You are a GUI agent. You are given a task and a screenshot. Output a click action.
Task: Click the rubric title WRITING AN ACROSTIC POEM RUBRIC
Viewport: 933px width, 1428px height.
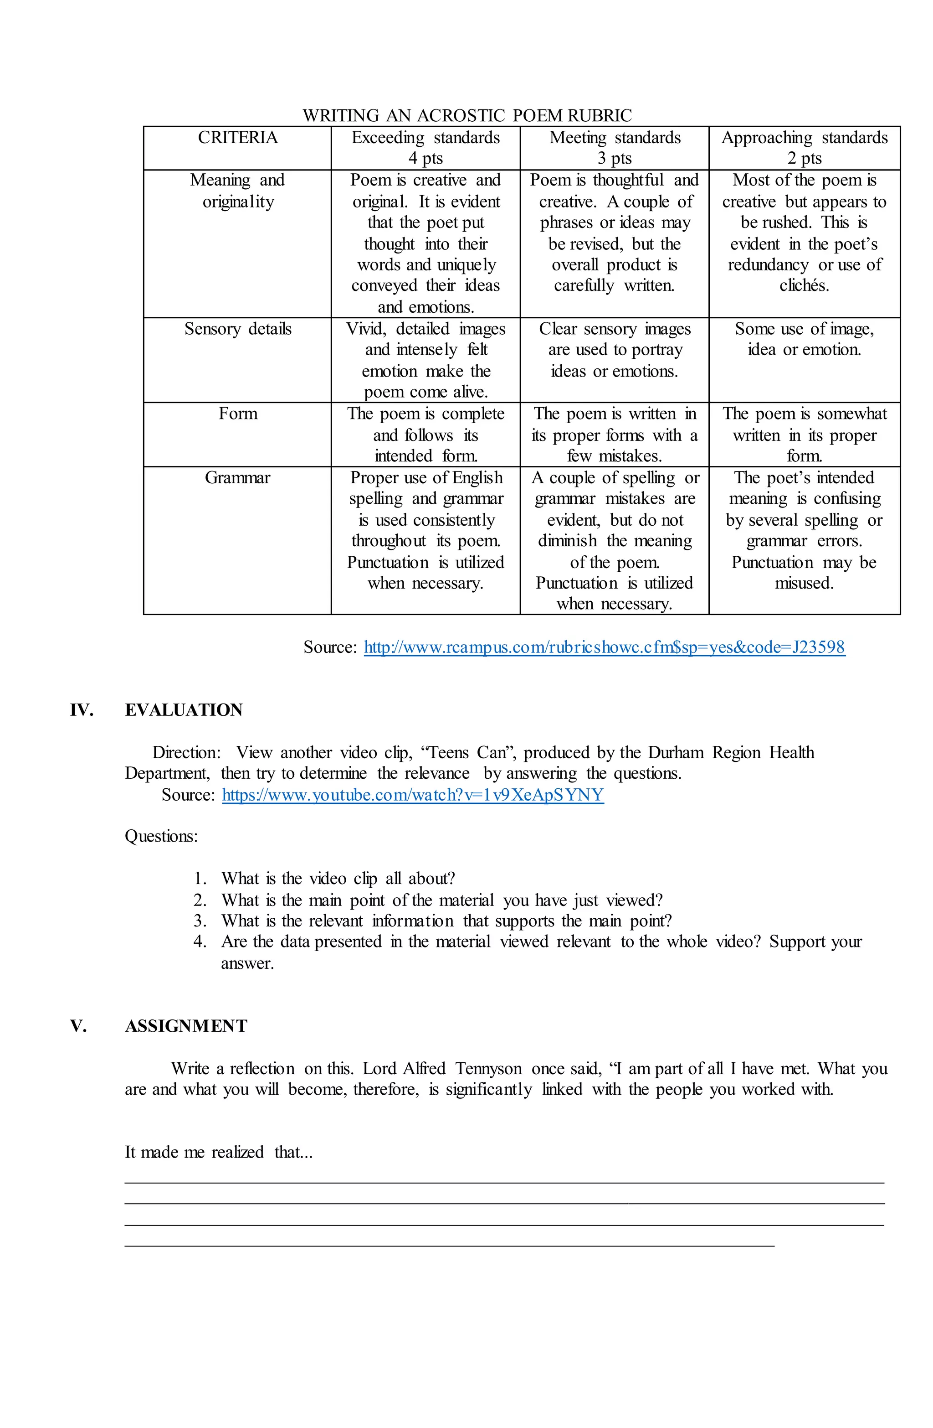(x=466, y=115)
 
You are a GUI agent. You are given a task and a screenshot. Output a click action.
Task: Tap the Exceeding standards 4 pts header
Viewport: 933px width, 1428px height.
(x=425, y=148)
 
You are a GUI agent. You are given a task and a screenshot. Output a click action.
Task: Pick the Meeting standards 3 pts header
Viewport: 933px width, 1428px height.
(x=615, y=148)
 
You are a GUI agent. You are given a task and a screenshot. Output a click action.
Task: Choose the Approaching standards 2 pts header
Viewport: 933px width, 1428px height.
(x=804, y=148)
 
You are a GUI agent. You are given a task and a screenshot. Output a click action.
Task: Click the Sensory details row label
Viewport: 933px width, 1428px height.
(x=237, y=329)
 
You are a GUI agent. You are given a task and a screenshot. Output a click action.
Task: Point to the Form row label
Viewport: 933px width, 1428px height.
(x=237, y=414)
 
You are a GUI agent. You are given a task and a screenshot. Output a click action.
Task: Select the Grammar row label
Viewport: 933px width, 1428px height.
(x=237, y=478)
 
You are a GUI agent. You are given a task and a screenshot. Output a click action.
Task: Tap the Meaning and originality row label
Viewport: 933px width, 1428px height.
(x=237, y=191)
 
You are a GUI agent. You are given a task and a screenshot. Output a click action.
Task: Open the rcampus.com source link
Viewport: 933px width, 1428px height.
(x=605, y=647)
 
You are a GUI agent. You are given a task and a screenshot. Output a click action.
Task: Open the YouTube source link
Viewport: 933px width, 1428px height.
(x=413, y=795)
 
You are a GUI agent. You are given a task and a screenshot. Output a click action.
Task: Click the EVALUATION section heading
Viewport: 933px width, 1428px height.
(x=184, y=710)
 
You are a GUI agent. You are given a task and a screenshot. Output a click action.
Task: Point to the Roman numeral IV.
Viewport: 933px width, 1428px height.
(x=82, y=710)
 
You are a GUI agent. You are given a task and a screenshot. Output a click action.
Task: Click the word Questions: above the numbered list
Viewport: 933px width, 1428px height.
(x=161, y=836)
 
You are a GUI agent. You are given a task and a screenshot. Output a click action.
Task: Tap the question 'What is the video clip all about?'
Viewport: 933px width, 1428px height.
(x=338, y=879)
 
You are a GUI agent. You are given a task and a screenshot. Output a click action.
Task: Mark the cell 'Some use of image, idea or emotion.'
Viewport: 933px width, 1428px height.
(x=804, y=339)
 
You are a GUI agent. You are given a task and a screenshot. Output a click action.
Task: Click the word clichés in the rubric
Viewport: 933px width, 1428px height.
(x=804, y=285)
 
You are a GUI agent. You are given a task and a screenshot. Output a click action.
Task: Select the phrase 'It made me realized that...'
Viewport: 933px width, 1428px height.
(x=218, y=1153)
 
